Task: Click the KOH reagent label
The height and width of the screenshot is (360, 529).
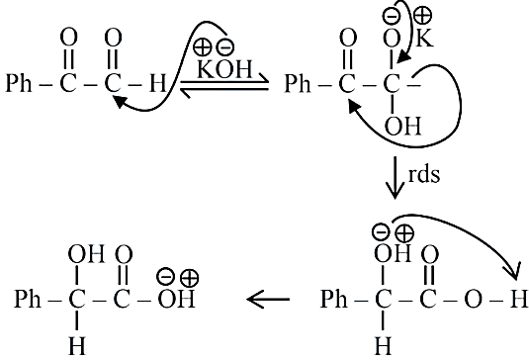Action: pyautogui.click(x=224, y=69)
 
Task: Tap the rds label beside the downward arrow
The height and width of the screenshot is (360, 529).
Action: pyautogui.click(x=424, y=175)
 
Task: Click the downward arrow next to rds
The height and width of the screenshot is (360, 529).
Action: pyautogui.click(x=395, y=177)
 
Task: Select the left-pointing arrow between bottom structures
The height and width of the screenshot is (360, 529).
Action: pyautogui.click(x=268, y=299)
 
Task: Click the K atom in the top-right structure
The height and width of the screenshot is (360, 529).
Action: pyautogui.click(x=424, y=38)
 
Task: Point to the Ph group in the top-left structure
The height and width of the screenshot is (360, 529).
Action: pyautogui.click(x=19, y=83)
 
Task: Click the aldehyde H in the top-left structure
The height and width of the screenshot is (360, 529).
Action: pyautogui.click(x=158, y=83)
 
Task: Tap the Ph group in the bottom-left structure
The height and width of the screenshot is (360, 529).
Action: pyautogui.click(x=28, y=299)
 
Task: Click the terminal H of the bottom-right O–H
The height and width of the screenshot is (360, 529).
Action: pyautogui.click(x=518, y=299)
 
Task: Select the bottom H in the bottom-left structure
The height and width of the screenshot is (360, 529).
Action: pyautogui.click(x=77, y=346)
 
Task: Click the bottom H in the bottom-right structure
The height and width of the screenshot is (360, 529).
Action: pyautogui.click(x=383, y=346)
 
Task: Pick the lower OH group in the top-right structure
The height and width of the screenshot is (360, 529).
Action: pyautogui.click(x=403, y=127)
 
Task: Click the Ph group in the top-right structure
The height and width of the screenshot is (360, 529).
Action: pyautogui.click(x=298, y=83)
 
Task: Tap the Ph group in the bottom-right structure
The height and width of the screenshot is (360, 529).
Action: pyautogui.click(x=333, y=299)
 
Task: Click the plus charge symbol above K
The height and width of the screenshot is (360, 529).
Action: pyautogui.click(x=422, y=15)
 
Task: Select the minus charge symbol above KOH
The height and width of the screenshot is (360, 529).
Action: pyautogui.click(x=225, y=47)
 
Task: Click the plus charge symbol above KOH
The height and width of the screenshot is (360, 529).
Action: pyautogui.click(x=202, y=46)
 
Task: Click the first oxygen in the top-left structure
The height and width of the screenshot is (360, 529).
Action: pyautogui.click(x=69, y=38)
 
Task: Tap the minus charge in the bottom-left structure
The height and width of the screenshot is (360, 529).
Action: pyautogui.click(x=166, y=276)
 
